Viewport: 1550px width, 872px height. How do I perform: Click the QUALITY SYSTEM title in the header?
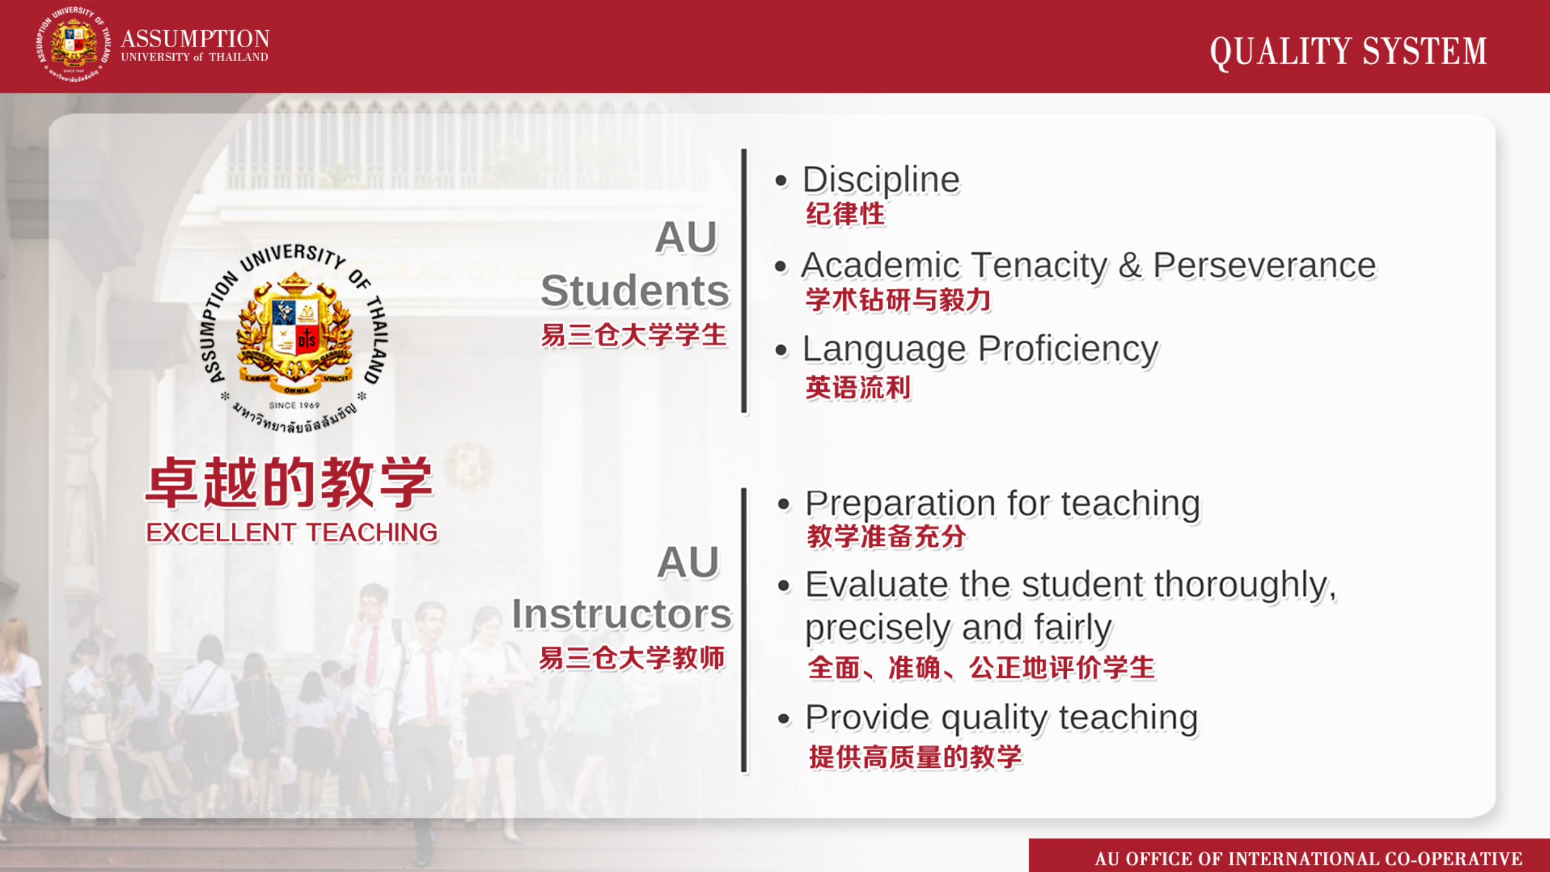[1348, 51]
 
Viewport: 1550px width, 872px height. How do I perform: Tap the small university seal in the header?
[74, 44]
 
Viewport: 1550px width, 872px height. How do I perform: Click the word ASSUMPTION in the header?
[195, 39]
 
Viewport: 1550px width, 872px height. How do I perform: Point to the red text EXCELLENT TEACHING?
[292, 533]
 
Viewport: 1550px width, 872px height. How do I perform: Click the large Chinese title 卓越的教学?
[289, 482]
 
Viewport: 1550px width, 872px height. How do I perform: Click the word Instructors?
[622, 614]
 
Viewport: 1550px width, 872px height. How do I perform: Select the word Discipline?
[882, 181]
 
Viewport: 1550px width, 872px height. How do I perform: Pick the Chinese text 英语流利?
[858, 388]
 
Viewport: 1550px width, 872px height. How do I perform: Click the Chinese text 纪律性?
[845, 214]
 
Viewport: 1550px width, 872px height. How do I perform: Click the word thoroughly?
[1245, 586]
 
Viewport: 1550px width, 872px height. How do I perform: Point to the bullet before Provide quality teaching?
[784, 719]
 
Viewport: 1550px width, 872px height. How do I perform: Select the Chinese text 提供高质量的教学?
[915, 757]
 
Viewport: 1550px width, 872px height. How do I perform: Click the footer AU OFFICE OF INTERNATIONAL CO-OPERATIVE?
[1308, 859]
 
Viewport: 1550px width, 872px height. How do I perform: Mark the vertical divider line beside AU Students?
[744, 281]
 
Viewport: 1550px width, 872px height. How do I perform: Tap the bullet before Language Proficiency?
[782, 350]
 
